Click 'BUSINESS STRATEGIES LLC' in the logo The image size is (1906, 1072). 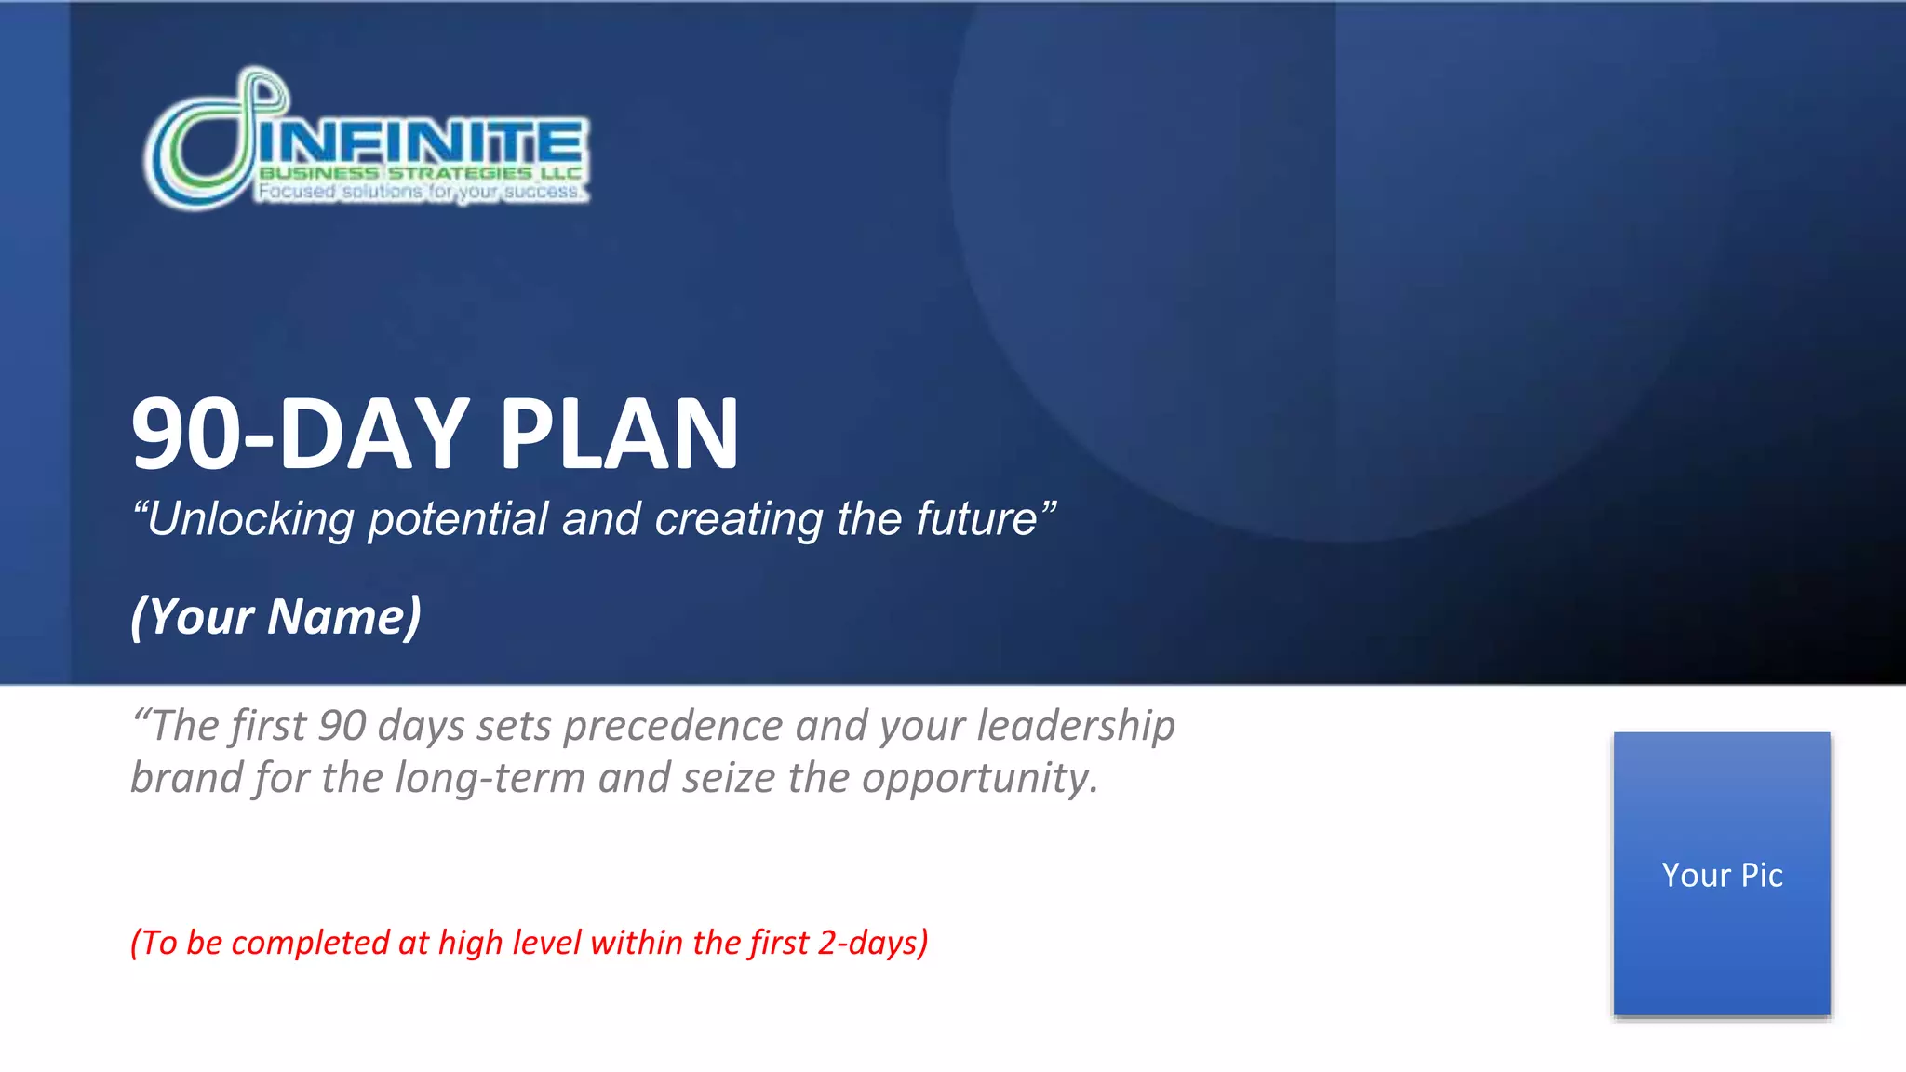pyautogui.click(x=421, y=173)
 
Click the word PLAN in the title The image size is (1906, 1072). pyautogui.click(x=619, y=435)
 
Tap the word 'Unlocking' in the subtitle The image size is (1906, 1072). pyautogui.click(x=250, y=519)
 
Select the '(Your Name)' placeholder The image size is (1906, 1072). pyautogui.click(x=276, y=617)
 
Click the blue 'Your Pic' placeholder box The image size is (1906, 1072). pyautogui.click(x=1722, y=875)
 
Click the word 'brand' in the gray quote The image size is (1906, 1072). pyautogui.click(x=186, y=778)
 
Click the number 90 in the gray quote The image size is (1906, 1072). pyautogui.click(x=342, y=726)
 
